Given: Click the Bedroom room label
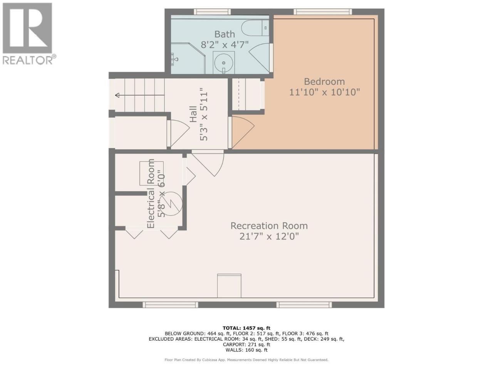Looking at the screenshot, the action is [x=324, y=82].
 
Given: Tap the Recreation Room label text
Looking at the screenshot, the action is [x=269, y=226].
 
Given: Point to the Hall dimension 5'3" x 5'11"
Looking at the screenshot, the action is [x=203, y=114].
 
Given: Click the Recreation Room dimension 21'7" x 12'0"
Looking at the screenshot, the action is [x=269, y=236].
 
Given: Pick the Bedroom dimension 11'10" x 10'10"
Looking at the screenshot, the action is [x=324, y=92].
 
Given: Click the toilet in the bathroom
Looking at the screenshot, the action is [x=255, y=28].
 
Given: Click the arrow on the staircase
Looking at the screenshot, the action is [x=140, y=95].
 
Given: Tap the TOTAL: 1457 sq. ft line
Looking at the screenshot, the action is [x=246, y=328].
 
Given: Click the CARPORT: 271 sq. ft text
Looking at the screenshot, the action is [x=246, y=345].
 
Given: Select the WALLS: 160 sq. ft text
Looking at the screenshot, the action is [x=246, y=350].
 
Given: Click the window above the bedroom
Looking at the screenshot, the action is [x=323, y=12].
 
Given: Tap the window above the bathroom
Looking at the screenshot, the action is [x=212, y=12].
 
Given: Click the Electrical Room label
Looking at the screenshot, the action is [x=151, y=193].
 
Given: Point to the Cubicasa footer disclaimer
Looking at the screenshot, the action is [x=246, y=360].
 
